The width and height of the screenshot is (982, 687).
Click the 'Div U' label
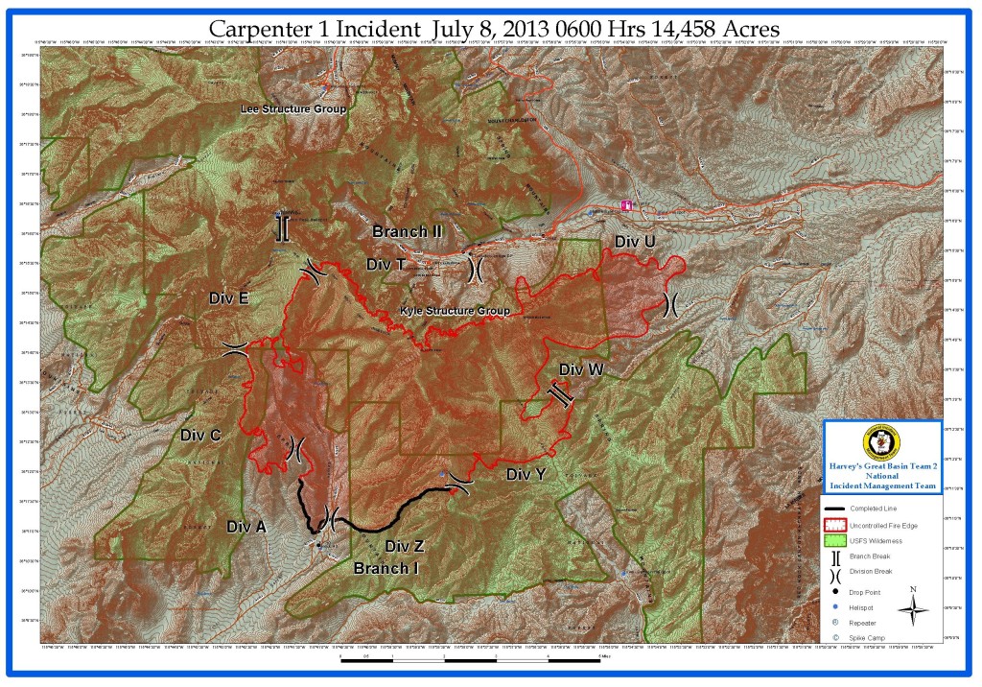635,241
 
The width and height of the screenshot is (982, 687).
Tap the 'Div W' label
581,368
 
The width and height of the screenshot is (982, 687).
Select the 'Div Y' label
526,474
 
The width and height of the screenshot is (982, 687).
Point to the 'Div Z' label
404,546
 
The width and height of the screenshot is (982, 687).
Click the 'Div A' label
246,526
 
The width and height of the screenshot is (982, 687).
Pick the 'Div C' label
200,435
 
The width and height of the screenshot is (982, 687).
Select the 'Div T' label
386,264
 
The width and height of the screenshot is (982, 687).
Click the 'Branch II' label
407,231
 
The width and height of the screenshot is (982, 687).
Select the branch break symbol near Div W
560,394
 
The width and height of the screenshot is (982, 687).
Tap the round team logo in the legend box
882,442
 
